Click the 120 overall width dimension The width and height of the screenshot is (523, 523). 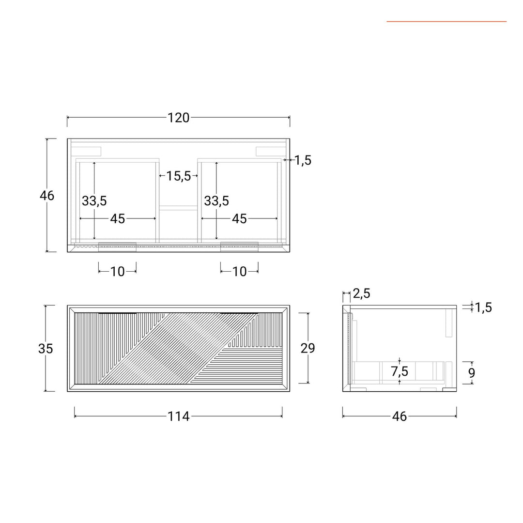click(178, 118)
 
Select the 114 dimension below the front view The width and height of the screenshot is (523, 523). click(178, 416)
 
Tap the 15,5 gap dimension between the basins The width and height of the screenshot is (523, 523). click(179, 176)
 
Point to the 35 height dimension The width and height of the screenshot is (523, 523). click(46, 349)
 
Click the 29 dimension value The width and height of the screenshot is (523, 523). click(308, 348)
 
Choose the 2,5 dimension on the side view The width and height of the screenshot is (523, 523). click(362, 293)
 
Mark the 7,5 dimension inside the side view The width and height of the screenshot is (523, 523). click(400, 372)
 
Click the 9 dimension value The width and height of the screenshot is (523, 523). click(471, 373)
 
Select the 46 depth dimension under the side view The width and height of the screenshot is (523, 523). click(399, 416)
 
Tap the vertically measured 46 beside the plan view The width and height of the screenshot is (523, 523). click(47, 196)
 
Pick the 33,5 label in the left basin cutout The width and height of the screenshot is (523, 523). click(94, 201)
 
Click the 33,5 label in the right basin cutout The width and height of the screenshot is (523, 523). click(216, 201)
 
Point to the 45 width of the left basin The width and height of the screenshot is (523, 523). click(117, 219)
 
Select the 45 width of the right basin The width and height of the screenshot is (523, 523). click(239, 219)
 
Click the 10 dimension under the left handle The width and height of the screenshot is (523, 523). click(117, 272)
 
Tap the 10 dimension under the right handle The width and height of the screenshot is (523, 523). click(239, 272)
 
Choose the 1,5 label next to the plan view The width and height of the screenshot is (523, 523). click(303, 161)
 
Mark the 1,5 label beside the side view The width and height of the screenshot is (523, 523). click(483, 308)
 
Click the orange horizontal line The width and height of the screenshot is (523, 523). click(446, 21)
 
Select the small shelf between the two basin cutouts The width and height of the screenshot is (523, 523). click(178, 208)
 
